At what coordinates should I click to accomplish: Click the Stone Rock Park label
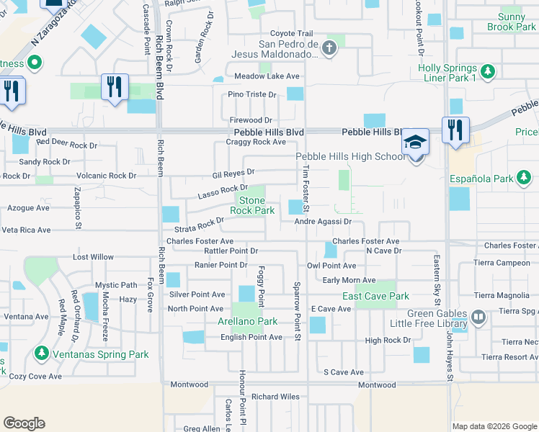point(252,205)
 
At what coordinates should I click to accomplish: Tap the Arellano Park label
point(247,321)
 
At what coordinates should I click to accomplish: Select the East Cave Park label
point(375,296)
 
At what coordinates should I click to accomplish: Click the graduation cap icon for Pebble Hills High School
point(416,141)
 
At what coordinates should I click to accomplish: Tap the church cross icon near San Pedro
point(329,48)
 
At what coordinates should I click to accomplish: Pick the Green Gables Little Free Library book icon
point(478,317)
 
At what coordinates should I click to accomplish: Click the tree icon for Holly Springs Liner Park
point(489,71)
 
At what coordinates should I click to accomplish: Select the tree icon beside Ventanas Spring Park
point(42,354)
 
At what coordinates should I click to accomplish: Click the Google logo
point(24,423)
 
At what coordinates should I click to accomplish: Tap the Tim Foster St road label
point(306,189)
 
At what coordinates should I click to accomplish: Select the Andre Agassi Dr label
point(322,222)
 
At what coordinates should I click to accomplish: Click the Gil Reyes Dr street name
point(233,173)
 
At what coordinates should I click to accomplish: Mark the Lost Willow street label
point(93,257)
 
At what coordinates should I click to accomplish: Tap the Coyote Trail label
point(291,33)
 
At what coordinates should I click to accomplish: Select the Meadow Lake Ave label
point(266,76)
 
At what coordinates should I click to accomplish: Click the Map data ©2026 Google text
point(494,426)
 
